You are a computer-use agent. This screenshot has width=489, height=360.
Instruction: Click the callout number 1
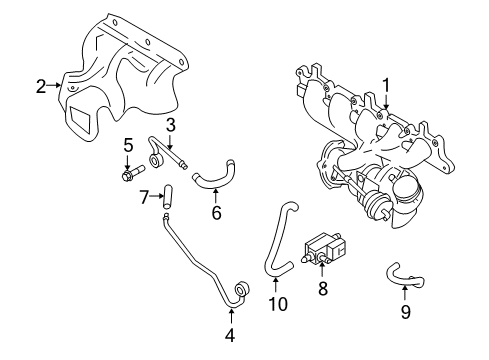point(385,86)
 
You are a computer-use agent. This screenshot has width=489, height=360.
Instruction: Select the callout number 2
point(41,87)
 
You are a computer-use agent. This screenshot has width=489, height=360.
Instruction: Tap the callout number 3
point(171,125)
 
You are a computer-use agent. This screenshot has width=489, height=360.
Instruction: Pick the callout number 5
point(128,146)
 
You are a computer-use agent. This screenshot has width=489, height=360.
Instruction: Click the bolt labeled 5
point(130,176)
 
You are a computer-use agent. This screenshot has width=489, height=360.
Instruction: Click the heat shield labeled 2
point(120,70)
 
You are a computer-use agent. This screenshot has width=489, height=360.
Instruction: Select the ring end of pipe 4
point(242,292)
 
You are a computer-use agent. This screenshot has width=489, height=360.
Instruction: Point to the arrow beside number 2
point(55,87)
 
